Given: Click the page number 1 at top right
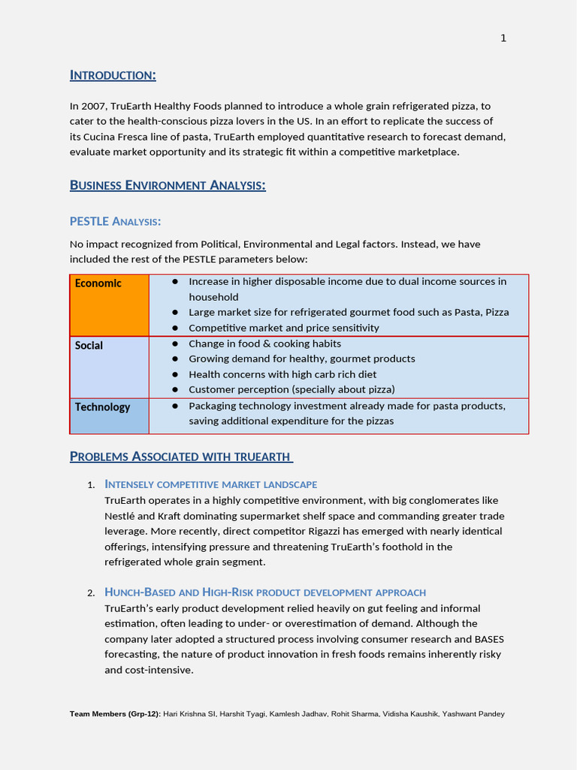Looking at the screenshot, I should coord(503,38).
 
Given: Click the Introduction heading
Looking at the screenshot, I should coord(113,75).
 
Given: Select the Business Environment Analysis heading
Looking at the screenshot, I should coord(168,185).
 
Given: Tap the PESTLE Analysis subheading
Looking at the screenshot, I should coord(115,221).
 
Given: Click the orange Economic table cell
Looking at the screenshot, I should coord(110,305).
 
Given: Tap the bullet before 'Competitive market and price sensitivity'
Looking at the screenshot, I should coord(175,328).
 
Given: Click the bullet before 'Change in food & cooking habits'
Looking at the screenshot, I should coord(175,344).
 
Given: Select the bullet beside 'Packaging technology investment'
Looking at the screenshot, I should coord(175,405).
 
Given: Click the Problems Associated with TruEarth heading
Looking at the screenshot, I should coord(180,456).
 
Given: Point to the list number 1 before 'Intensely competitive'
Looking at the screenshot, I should coord(91,485).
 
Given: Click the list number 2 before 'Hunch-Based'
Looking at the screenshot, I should coord(91,593).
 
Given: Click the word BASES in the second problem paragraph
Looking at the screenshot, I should coord(488,639).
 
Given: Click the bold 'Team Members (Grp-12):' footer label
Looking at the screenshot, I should coord(115,714).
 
